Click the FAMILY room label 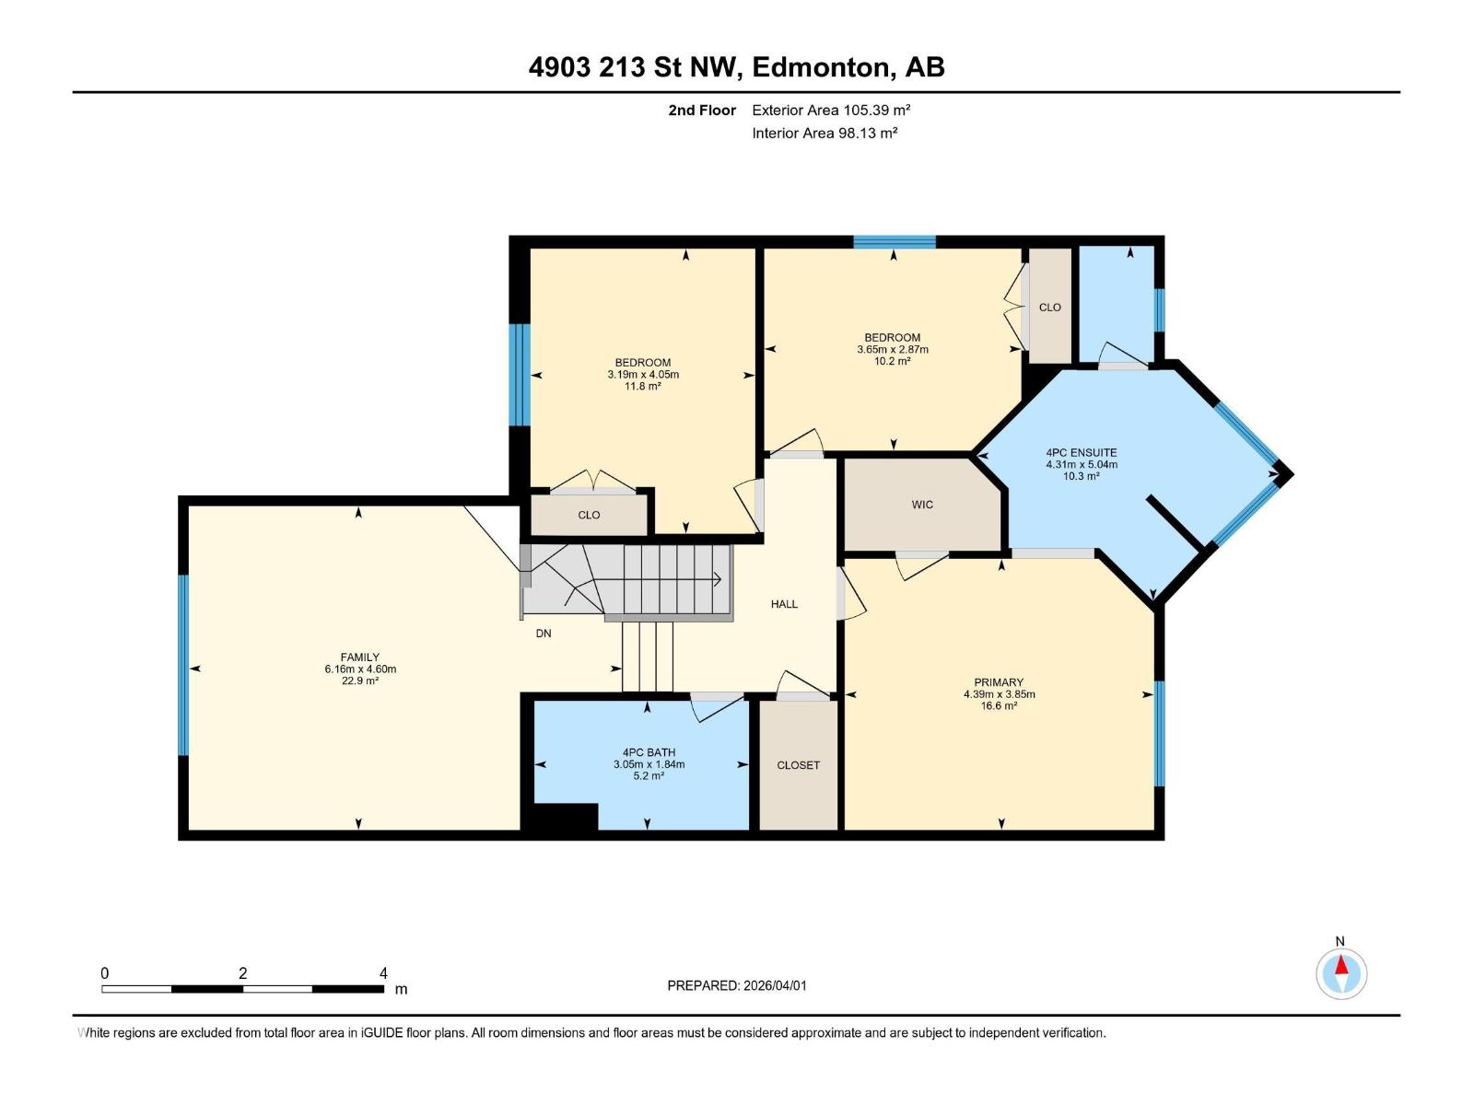pos(359,657)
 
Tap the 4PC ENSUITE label pos(1082,453)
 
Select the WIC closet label pos(922,505)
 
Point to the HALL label pos(784,604)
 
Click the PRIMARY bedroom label pos(999,682)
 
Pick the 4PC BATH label pos(649,752)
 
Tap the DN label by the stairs pos(544,634)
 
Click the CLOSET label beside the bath pos(798,765)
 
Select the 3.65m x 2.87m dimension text pos(893,350)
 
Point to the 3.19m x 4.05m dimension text pos(643,375)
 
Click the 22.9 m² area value pos(359,681)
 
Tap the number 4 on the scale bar pos(383,972)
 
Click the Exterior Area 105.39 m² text pos(831,110)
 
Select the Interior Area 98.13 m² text pos(825,133)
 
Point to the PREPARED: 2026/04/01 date pos(737,985)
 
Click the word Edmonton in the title pos(820,68)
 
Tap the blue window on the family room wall pos(182,665)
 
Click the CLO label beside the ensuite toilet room pos(1049,308)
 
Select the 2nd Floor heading pos(702,110)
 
